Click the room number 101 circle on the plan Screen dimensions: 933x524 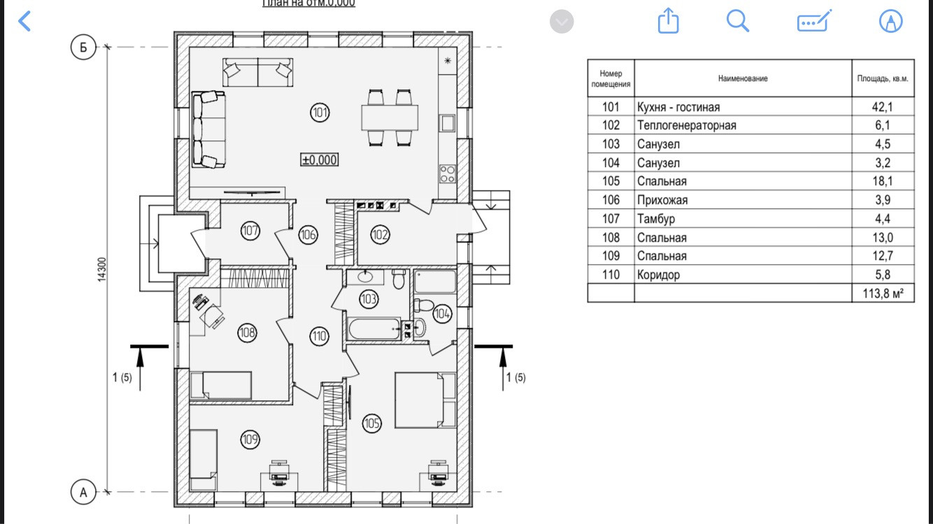pos(320,112)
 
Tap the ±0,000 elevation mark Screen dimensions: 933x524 pos(320,160)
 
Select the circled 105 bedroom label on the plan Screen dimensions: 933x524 pos(371,423)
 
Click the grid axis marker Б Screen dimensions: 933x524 pos(83,48)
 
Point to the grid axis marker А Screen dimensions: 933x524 pos(83,492)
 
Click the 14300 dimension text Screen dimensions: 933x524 pos(102,269)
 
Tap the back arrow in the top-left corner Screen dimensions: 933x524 pos(24,21)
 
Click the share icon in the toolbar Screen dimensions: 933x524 pos(669,21)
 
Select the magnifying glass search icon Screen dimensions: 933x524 pos(738,21)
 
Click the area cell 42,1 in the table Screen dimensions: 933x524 pos(883,107)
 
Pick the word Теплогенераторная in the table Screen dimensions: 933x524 pos(686,126)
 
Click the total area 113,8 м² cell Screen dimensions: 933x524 pos(883,293)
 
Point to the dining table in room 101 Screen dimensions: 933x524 pos(390,117)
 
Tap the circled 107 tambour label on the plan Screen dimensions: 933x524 pos(250,230)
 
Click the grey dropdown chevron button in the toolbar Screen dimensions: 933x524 pos(562,22)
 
